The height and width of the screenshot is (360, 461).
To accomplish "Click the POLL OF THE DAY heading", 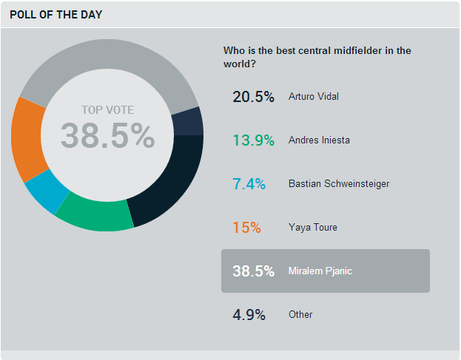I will tap(56, 14).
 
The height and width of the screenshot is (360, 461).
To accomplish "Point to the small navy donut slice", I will tap(186, 121).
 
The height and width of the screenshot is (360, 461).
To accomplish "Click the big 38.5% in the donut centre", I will tap(107, 136).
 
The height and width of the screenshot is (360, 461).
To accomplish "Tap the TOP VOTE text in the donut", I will tap(107, 110).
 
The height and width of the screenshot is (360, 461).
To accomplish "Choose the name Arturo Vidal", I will tap(314, 96).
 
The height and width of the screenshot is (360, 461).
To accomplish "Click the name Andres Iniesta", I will tap(319, 140).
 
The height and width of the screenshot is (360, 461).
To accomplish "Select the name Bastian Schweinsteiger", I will tap(338, 183).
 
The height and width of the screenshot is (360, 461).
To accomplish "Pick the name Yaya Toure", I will tap(312, 227).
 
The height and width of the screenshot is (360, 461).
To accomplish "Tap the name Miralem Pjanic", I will tap(320, 271).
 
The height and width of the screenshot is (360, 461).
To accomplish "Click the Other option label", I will tap(300, 314).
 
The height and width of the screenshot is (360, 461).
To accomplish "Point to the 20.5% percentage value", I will tap(253, 96).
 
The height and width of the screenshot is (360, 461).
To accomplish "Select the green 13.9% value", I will tap(253, 140).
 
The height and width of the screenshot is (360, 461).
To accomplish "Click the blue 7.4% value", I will tap(249, 183).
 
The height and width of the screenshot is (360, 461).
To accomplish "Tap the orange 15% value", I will tap(247, 227).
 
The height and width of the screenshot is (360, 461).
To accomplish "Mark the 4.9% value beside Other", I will tap(249, 314).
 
